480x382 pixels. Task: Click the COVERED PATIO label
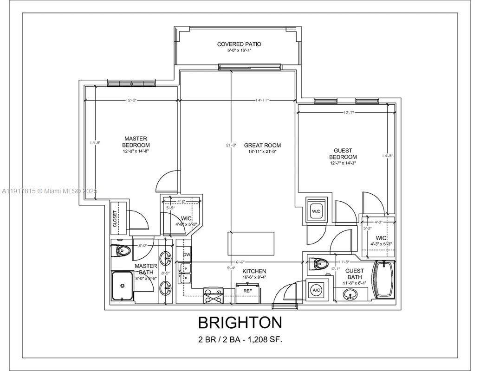tap(239, 44)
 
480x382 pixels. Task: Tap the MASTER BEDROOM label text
tap(136, 142)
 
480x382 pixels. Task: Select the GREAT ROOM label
tap(262, 145)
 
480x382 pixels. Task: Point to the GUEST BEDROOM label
tap(343, 154)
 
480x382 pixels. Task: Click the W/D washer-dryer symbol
tap(317, 211)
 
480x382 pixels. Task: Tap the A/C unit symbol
tap(316, 290)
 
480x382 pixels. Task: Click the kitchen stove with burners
tap(213, 295)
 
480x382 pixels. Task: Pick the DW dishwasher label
tap(187, 255)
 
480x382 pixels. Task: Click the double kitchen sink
tap(186, 273)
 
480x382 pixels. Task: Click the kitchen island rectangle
tap(251, 243)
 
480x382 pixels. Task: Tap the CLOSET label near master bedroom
tap(115, 218)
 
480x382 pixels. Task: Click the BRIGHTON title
tap(240, 322)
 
